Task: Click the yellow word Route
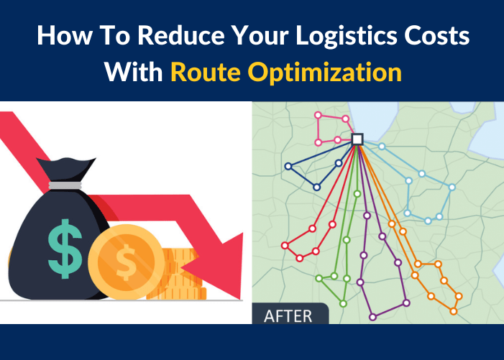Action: coord(205,73)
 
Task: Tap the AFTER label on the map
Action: coord(288,315)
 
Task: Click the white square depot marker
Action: coord(357,139)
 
